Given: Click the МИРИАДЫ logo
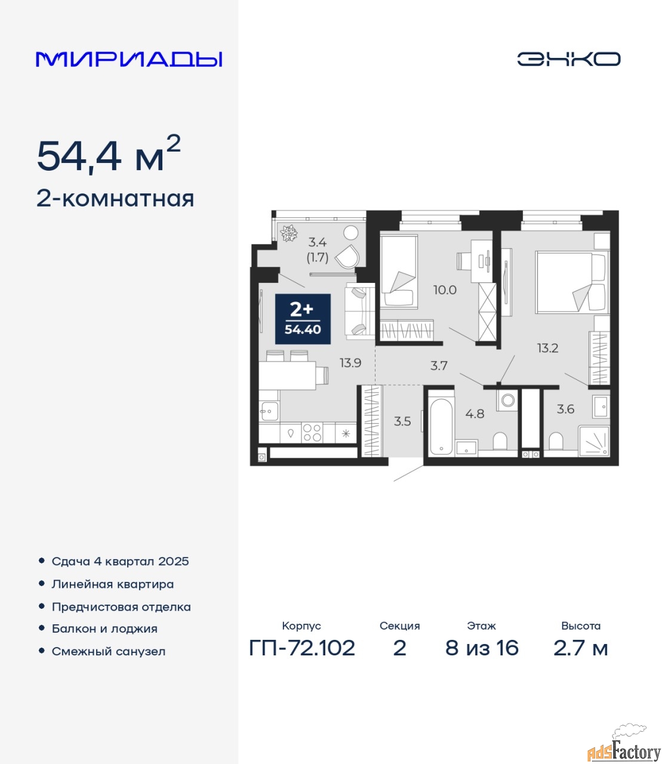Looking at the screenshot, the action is click(129, 59).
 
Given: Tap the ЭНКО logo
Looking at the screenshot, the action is click(568, 59).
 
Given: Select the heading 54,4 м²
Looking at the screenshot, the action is click(109, 154).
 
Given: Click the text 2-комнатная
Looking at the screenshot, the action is click(115, 199).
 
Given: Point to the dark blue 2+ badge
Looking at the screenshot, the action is click(303, 319).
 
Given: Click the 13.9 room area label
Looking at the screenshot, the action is click(350, 363).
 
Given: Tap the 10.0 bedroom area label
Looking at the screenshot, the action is click(445, 290).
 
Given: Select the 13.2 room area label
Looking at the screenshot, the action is click(547, 348).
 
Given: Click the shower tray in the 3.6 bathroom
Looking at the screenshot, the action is click(593, 441).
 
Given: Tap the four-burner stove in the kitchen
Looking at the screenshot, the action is click(312, 433).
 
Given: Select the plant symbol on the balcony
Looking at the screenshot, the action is click(289, 233).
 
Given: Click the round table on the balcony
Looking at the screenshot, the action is click(351, 233).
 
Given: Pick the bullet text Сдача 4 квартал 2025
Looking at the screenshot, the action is click(120, 562).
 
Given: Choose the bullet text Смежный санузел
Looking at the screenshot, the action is click(109, 652).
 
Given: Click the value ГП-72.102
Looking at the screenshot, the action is click(302, 648).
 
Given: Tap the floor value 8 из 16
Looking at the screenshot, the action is click(482, 648).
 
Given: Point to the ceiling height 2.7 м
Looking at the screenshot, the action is click(580, 648).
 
